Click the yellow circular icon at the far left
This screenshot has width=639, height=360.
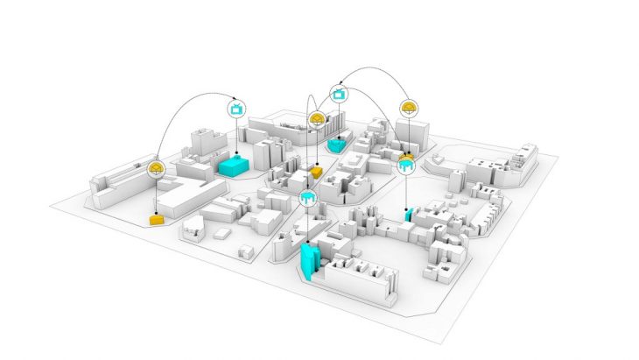pyautogui.click(x=157, y=168)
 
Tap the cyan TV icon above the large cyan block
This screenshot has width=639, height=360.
pyautogui.click(x=235, y=109)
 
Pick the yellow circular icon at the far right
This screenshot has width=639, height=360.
pyautogui.click(x=409, y=109)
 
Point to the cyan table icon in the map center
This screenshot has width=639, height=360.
pyautogui.click(x=307, y=199)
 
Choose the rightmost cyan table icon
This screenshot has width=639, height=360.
pyautogui.click(x=407, y=164)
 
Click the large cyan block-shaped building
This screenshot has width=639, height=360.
pyautogui.click(x=234, y=165)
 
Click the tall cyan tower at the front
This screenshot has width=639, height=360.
pyautogui.click(x=309, y=261)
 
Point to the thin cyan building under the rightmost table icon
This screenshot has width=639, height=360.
pyautogui.click(x=408, y=214)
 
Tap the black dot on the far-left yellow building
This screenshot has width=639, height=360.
pyautogui.click(x=157, y=214)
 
